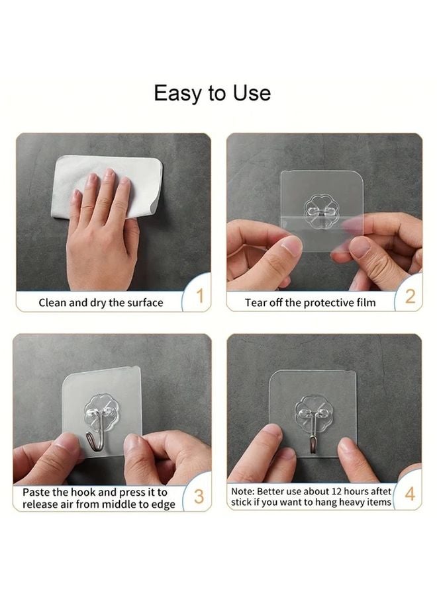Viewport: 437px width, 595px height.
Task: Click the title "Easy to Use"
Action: [212, 93]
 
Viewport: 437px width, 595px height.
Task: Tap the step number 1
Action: [199, 296]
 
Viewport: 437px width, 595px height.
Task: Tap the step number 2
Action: [410, 296]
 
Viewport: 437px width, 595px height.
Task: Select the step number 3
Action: [199, 497]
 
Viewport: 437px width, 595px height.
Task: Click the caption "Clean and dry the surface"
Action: [101, 303]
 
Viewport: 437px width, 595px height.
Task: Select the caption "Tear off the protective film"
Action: [310, 303]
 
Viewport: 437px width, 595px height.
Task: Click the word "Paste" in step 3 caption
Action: [36, 493]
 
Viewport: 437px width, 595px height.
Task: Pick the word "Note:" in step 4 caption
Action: [243, 492]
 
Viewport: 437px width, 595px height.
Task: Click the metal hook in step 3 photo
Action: [95, 437]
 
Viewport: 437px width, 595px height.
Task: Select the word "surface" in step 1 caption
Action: [144, 303]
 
